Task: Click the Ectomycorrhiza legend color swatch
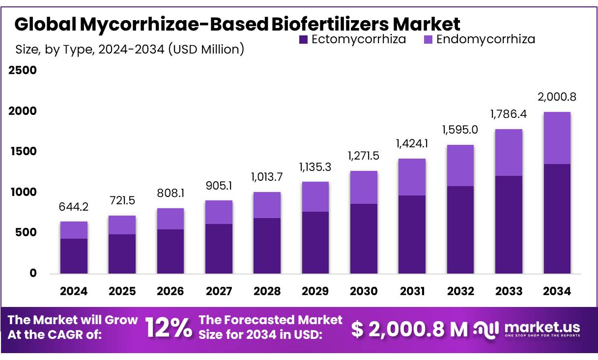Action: (303, 39)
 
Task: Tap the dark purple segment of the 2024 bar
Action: (74, 256)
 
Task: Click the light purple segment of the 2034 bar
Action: (557, 138)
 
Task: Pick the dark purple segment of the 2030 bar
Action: (364, 239)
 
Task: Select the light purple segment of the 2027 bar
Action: (219, 212)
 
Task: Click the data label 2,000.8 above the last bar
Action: (557, 97)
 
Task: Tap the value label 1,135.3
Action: (315, 168)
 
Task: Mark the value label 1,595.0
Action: (460, 130)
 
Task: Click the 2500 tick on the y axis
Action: (22, 70)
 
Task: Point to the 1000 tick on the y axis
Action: (22, 192)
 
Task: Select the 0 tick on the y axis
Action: (32, 273)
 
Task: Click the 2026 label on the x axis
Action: (170, 291)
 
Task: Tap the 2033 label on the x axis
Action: (509, 291)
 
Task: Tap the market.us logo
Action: (527, 329)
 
